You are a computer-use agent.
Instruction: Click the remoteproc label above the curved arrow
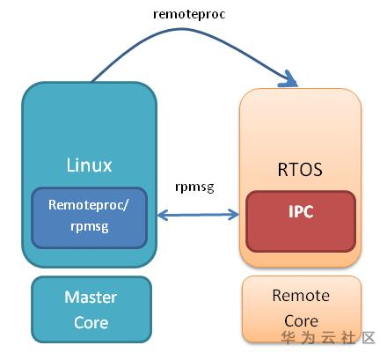[189, 15]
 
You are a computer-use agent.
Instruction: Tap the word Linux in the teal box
[89, 165]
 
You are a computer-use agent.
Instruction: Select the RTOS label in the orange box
[300, 169]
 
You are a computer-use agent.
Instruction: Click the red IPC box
[301, 221]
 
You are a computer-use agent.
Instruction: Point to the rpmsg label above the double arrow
[194, 187]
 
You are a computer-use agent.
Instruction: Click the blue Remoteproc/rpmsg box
[89, 217]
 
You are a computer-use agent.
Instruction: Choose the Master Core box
[91, 310]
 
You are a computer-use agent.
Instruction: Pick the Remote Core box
[302, 309]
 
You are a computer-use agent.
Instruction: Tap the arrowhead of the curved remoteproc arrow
[288, 79]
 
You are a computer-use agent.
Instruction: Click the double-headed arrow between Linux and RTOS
[199, 215]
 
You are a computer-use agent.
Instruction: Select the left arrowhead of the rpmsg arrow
[163, 215]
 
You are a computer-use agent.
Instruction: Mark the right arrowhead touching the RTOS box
[234, 215]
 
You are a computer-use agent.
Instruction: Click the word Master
[91, 298]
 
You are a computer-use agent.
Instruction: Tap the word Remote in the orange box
[301, 296]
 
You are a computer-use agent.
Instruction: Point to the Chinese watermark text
[328, 338]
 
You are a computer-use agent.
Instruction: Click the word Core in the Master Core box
[91, 322]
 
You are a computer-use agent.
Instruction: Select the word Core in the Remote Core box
[301, 320]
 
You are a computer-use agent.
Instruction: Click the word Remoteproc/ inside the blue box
[88, 205]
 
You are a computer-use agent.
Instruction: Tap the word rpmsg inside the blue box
[90, 227]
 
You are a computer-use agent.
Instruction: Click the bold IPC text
[301, 211]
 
